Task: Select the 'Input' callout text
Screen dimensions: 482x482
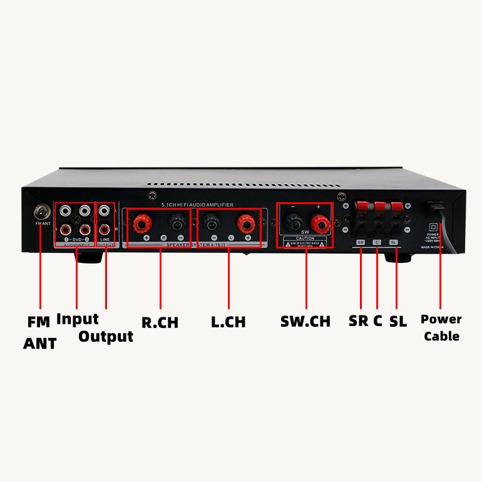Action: click(78, 319)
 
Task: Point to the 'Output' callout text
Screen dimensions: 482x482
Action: click(106, 336)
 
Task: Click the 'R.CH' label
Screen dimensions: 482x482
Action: click(160, 323)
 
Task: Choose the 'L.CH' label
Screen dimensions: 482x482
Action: click(228, 322)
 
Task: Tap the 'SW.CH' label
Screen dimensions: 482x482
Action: click(305, 322)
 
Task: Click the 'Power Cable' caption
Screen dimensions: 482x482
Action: click(441, 327)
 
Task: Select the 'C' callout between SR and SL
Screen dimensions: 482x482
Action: click(377, 321)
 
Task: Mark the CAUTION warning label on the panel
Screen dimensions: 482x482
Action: click(305, 242)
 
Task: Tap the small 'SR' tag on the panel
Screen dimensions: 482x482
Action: click(361, 242)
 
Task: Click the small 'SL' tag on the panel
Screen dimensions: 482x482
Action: click(393, 242)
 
